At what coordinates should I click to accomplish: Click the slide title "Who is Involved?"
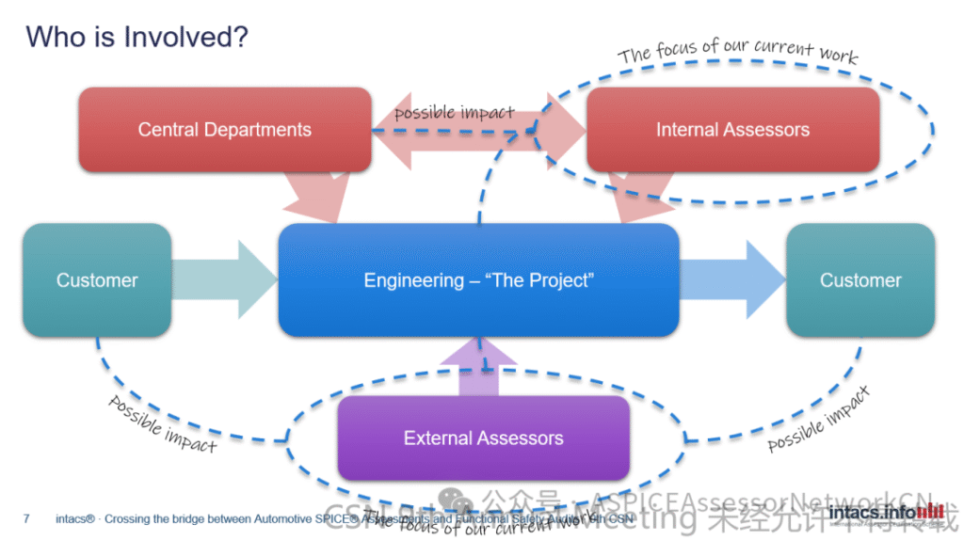tap(137, 38)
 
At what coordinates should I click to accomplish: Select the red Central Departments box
tap(224, 130)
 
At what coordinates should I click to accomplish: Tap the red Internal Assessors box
tap(732, 130)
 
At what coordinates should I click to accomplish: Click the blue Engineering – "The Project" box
tap(478, 280)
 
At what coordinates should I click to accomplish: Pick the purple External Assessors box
tap(483, 438)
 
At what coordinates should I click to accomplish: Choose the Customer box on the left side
tap(97, 280)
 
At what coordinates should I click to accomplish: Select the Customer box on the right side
tap(860, 280)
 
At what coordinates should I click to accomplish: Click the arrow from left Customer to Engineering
tap(226, 280)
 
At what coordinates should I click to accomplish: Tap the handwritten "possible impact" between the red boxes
tap(455, 113)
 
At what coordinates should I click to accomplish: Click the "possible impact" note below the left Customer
tap(162, 423)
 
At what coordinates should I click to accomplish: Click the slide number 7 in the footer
tap(26, 517)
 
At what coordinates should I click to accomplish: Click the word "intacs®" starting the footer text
tap(75, 517)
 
